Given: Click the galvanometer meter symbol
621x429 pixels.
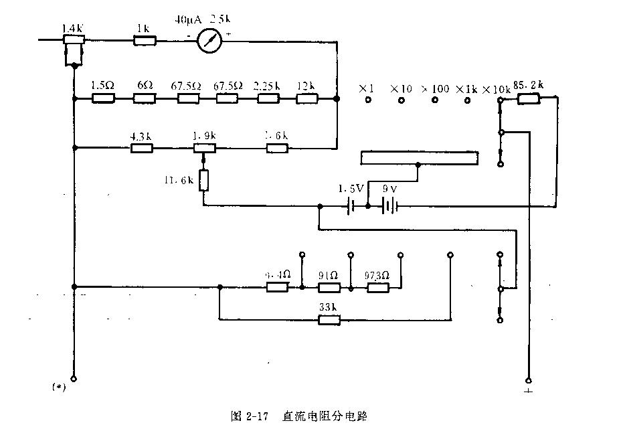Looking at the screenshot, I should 211,41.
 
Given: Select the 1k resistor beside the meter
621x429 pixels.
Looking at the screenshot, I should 145,41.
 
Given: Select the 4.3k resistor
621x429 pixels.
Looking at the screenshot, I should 142,148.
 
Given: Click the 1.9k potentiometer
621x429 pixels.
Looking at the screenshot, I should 204,148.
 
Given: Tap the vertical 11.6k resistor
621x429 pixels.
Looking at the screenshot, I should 204,180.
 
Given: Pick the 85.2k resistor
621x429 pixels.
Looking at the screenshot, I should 529,99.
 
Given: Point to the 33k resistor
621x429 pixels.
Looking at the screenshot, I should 329,321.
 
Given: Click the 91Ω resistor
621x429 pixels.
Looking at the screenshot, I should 329,288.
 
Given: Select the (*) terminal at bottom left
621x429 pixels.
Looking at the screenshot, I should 74,379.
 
